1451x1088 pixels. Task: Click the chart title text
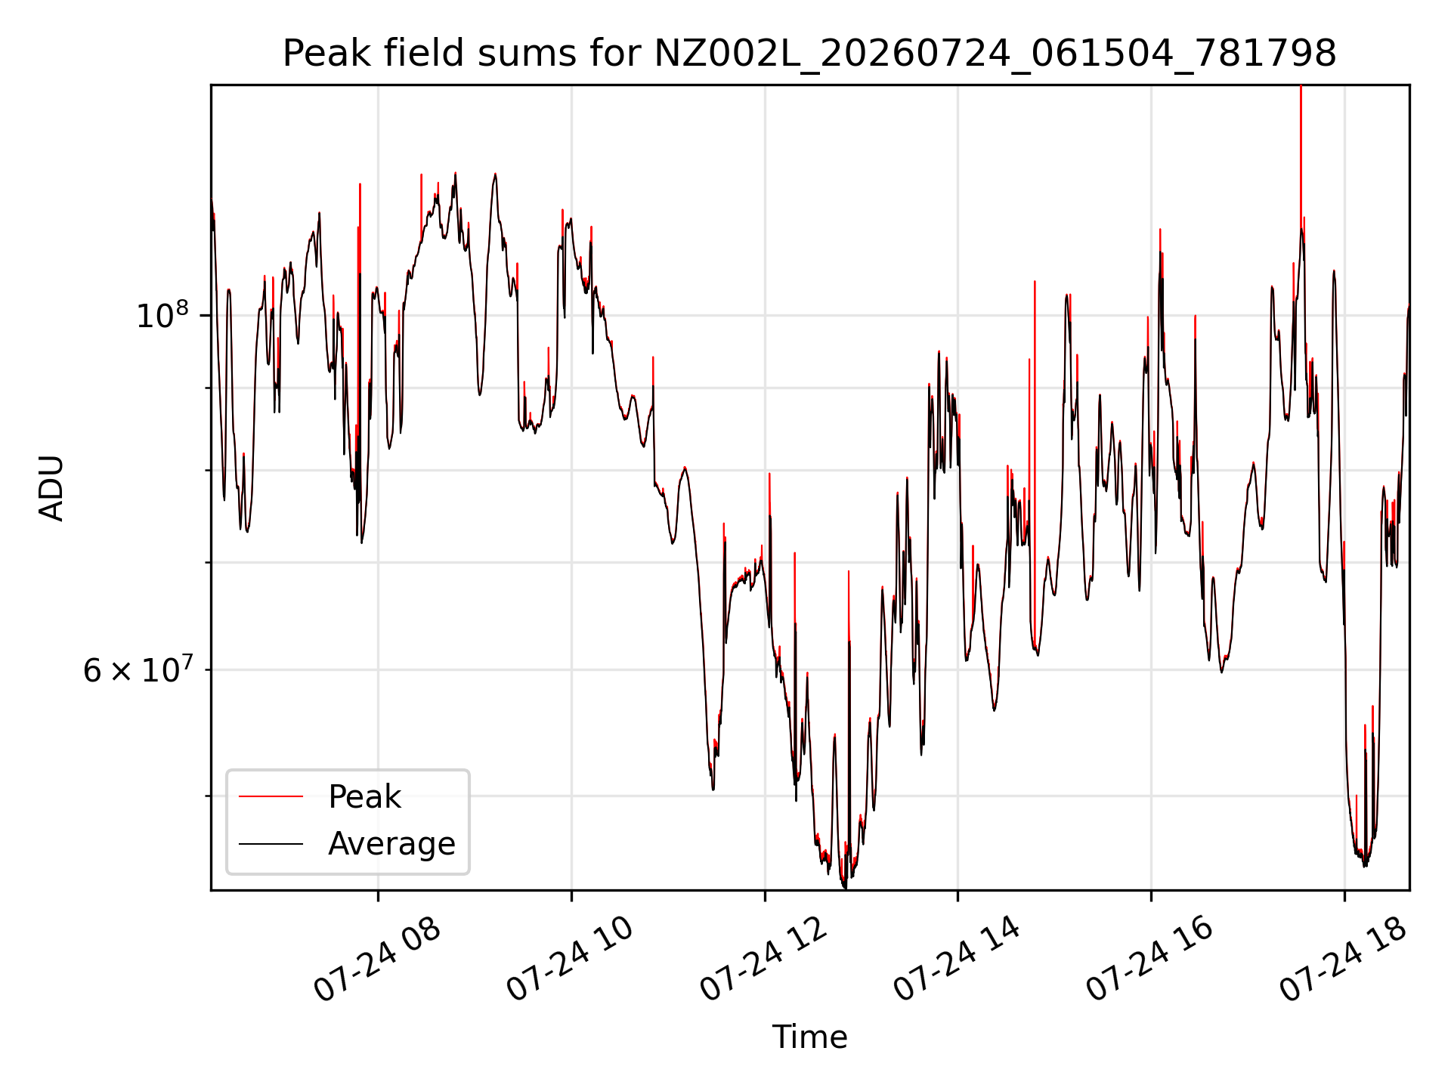[x=809, y=54]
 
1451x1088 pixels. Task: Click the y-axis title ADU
[x=51, y=488]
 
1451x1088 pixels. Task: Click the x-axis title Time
[x=809, y=1037]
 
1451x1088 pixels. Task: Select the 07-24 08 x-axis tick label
[x=376, y=960]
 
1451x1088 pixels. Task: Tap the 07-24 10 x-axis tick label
[x=569, y=960]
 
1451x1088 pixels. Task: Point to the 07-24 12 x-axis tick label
[x=763, y=960]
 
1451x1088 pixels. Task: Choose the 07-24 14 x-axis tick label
[x=957, y=960]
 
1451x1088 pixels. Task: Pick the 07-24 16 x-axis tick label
[x=1149, y=960]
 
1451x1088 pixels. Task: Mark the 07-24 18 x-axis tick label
[x=1343, y=960]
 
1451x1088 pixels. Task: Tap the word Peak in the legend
[x=364, y=797]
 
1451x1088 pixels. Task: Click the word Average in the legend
[x=391, y=844]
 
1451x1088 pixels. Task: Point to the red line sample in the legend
[x=271, y=796]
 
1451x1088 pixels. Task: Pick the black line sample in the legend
[x=271, y=843]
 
